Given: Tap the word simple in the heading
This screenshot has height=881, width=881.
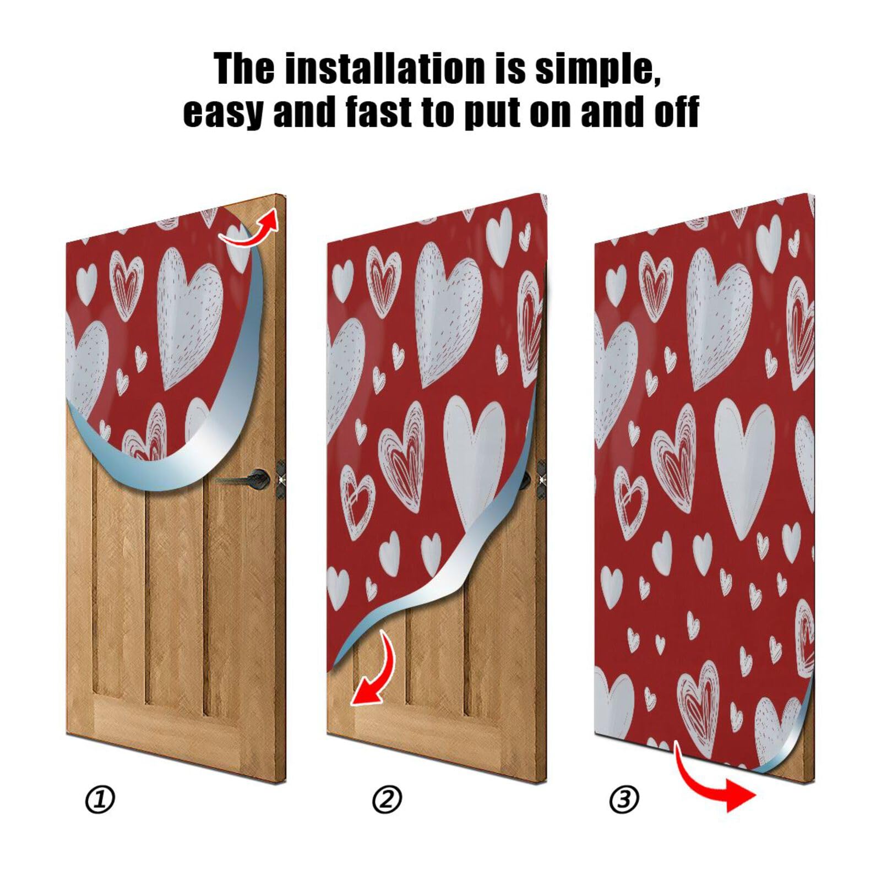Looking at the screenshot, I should [x=598, y=69].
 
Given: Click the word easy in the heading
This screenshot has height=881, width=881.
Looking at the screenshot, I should [x=222, y=113].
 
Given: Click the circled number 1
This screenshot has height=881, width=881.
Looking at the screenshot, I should [x=100, y=800].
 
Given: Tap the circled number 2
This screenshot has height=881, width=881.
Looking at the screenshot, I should [x=387, y=800].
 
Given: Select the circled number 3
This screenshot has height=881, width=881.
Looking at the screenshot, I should [x=624, y=800].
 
